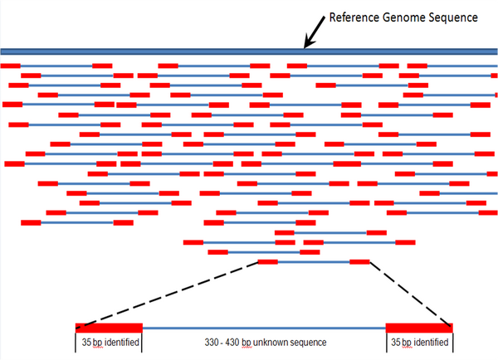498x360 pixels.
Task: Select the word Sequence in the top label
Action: point(457,17)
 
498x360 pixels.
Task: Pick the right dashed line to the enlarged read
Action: point(410,293)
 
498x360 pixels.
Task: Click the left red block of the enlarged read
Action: point(109,328)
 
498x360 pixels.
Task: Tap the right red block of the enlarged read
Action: point(419,328)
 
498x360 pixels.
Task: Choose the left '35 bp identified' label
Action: point(109,343)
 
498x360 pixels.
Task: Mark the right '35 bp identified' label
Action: point(419,343)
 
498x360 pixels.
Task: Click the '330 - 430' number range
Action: point(226,343)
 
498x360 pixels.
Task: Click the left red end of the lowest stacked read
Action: point(268,262)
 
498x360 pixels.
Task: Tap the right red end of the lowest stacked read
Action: point(359,262)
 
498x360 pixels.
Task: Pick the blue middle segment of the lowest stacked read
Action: point(314,262)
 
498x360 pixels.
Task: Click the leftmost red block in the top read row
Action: point(11,66)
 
